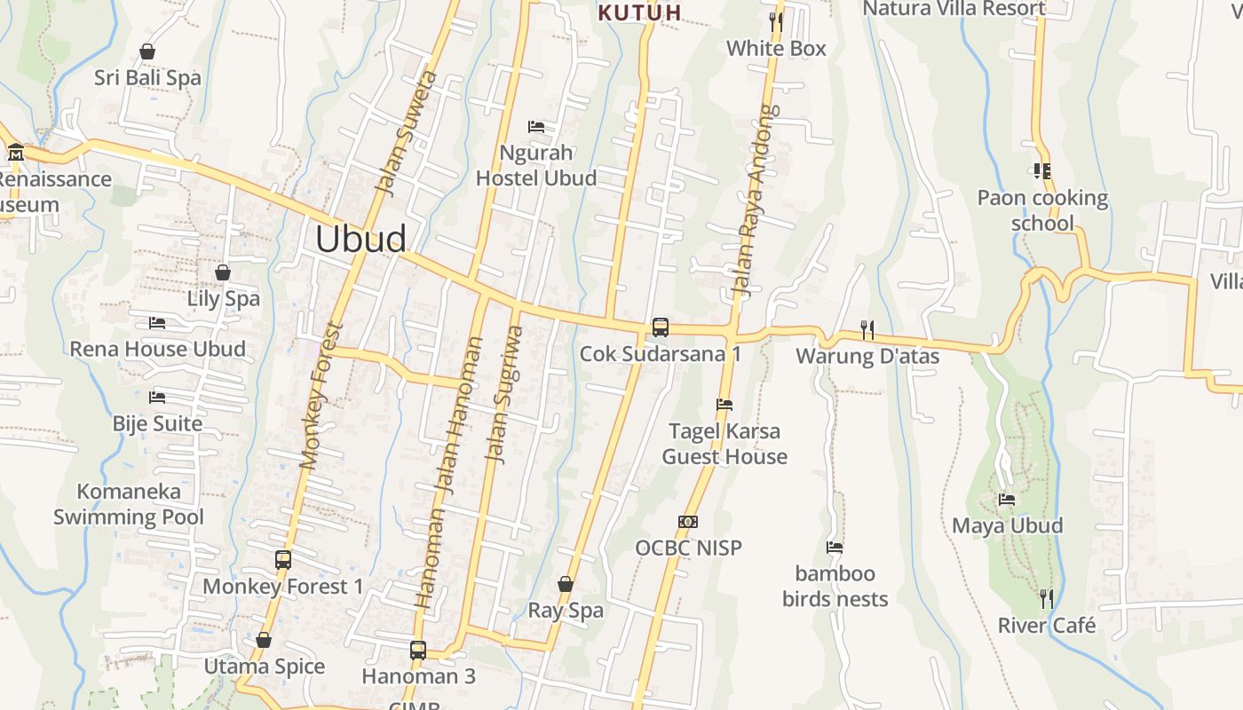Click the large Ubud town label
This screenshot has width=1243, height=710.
click(x=361, y=239)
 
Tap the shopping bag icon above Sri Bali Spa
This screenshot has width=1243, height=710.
click(x=147, y=52)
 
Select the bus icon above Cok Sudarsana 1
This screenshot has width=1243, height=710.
click(x=661, y=327)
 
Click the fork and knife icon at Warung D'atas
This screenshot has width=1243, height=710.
click(x=867, y=330)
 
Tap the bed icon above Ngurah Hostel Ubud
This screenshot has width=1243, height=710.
click(x=536, y=127)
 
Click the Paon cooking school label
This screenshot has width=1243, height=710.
click(x=1042, y=210)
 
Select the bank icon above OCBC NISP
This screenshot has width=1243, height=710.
click(x=688, y=522)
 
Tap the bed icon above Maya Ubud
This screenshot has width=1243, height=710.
click(x=1007, y=500)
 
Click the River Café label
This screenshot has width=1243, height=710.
click(x=1047, y=625)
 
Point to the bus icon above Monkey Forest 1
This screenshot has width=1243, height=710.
click(x=283, y=560)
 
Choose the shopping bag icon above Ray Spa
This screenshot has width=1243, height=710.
click(x=565, y=584)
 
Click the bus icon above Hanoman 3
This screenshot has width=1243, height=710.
click(x=418, y=651)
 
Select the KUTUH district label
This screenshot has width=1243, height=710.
click(x=640, y=12)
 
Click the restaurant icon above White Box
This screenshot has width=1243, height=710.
click(x=776, y=22)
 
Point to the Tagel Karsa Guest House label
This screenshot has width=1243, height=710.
click(x=724, y=444)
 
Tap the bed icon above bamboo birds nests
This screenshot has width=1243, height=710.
click(x=835, y=548)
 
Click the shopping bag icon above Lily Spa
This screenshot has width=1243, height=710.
click(x=223, y=272)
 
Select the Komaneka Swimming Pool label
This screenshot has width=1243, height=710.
click(x=129, y=504)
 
